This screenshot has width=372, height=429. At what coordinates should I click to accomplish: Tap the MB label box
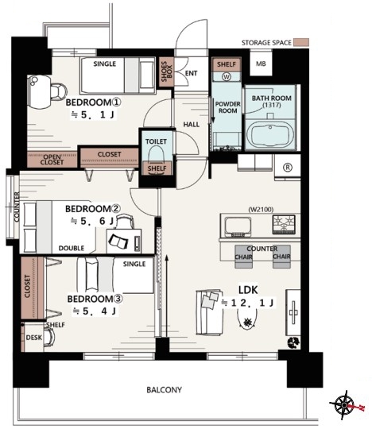coord(261,64)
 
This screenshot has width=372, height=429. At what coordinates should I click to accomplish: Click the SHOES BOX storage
coord(166,71)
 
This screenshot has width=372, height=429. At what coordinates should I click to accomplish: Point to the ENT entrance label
coord(191,73)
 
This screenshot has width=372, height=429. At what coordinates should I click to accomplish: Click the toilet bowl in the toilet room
coord(157,157)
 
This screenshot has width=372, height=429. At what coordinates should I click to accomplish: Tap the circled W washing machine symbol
coord(227,77)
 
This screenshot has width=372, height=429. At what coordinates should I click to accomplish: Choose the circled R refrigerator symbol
coord(288,167)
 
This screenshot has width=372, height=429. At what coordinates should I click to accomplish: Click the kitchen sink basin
coord(238,226)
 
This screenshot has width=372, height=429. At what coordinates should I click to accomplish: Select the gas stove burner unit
coord(284,224)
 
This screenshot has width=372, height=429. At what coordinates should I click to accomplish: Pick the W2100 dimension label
coord(261,210)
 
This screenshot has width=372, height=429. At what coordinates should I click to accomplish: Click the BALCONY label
coord(164,389)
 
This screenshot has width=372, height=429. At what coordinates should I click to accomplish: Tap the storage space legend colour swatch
coord(301,42)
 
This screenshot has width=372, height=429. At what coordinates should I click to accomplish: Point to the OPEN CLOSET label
coord(52,160)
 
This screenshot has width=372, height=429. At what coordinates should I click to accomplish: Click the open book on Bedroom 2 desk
coord(118,242)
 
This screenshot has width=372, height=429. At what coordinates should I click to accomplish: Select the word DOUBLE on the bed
coord(72,248)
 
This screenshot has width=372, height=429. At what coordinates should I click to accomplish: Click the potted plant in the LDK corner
coord(293,342)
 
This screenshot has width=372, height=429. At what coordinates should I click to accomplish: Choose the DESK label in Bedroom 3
coord(34,338)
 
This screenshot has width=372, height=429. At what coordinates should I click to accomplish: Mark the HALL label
coord(192,125)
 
